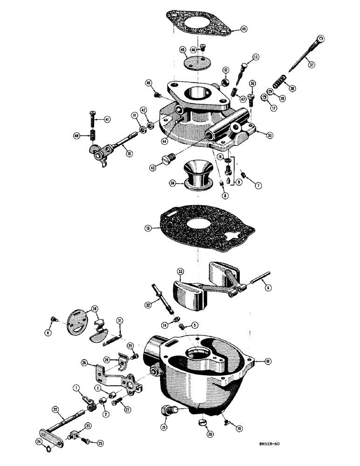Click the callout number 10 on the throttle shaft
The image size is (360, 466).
[x=127, y=152]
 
